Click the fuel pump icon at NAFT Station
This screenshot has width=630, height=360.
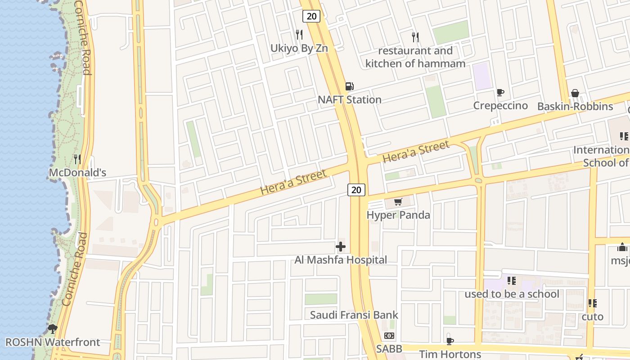point(349,86)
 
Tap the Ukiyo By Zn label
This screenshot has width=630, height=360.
point(299,48)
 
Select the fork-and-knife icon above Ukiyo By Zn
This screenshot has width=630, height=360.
point(299,34)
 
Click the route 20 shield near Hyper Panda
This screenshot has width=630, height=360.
point(356,190)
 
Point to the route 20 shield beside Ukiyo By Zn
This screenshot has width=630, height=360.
point(311,17)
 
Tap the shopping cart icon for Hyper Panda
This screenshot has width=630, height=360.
point(398,202)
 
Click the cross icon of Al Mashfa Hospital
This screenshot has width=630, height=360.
point(341,247)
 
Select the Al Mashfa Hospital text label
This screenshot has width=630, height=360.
point(341,260)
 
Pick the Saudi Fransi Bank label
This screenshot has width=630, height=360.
point(354,315)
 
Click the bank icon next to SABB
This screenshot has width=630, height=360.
point(389,336)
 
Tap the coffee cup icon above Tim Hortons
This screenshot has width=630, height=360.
point(450,341)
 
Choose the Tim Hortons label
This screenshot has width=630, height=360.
point(450,354)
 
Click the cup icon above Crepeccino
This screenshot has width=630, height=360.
point(500,92)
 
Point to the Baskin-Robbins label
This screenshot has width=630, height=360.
point(575,107)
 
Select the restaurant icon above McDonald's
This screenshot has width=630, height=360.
point(77,159)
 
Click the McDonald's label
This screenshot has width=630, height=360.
point(77,173)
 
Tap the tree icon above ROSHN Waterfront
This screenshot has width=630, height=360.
point(53,328)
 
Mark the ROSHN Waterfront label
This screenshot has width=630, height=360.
point(53,342)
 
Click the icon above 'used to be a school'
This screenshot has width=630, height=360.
point(512,281)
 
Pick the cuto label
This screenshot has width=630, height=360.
point(592,317)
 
